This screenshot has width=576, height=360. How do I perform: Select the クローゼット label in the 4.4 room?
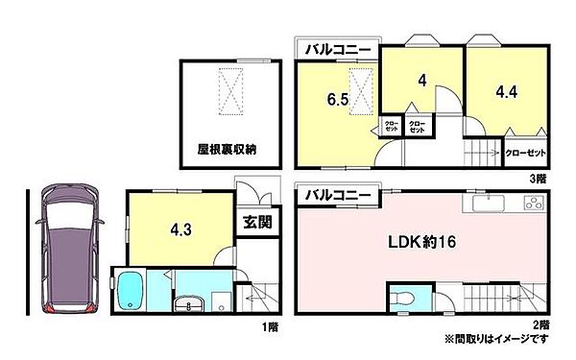pyautogui.click(x=524, y=152)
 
